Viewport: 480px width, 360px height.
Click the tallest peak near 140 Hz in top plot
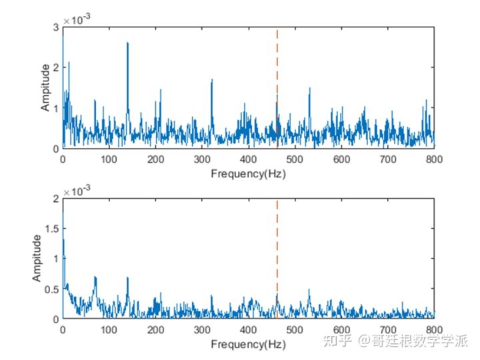pyautogui.click(x=127, y=44)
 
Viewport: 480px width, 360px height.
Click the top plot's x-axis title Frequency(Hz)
pyautogui.click(x=248, y=174)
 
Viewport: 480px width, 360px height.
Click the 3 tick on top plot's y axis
pyautogui.click(x=57, y=27)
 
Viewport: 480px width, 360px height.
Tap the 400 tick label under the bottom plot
pyautogui.click(x=249, y=331)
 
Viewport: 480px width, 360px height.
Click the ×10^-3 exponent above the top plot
pyautogui.click(x=76, y=21)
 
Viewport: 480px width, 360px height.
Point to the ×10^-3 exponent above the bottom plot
pyautogui.click(x=76, y=191)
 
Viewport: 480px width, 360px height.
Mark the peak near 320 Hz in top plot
pyautogui.click(x=211, y=81)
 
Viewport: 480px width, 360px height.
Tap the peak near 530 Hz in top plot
pyautogui.click(x=309, y=89)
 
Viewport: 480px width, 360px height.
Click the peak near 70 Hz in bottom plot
pyautogui.click(x=95, y=277)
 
